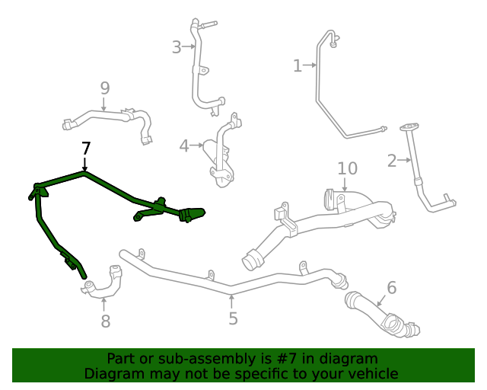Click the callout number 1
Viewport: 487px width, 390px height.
[298, 66]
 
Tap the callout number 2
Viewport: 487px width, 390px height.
[392, 161]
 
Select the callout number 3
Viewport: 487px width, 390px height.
[177, 48]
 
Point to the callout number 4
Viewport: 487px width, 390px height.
[184, 145]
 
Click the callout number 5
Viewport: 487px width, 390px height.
[233, 318]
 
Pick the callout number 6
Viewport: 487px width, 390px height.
[391, 288]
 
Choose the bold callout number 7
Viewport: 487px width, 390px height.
[85, 148]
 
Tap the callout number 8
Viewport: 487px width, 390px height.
[105, 321]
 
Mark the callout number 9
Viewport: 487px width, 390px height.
[105, 88]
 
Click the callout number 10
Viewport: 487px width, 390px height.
[347, 168]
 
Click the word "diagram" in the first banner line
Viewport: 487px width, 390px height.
[349, 358]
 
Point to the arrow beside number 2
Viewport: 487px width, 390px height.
[407, 160]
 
